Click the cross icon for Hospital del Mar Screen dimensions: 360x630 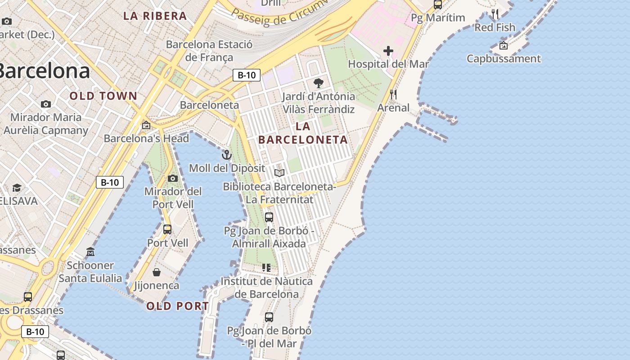[388, 51]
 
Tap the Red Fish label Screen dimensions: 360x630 [495, 27]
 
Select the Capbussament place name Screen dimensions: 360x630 [504, 58]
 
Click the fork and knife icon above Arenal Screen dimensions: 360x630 [393, 94]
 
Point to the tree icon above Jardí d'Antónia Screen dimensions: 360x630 [319, 83]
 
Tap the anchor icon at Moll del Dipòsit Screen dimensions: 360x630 [227, 155]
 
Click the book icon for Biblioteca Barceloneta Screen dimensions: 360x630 [279, 173]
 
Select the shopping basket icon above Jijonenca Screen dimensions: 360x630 [157, 272]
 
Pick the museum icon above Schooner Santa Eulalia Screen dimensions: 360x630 [90, 252]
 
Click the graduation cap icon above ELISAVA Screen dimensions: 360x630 [17, 187]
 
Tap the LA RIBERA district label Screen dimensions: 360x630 [155, 16]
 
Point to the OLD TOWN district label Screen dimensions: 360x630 [103, 96]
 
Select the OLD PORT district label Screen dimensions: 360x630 [177, 306]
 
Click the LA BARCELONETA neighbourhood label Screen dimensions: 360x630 [303, 133]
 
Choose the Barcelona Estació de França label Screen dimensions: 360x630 [209, 51]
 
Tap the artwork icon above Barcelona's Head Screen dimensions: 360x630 [146, 125]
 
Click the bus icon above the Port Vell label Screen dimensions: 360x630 [167, 229]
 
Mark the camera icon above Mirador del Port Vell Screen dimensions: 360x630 [172, 179]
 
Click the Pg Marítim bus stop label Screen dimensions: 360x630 [438, 18]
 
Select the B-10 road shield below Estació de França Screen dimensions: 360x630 [247, 75]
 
